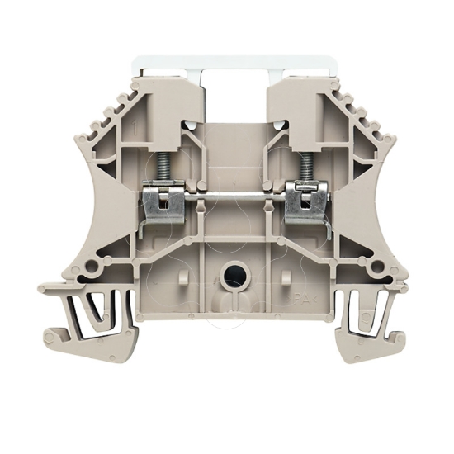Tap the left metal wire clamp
coord(161,203)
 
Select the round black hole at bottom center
coord(234,274)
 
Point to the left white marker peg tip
coord(191,125)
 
